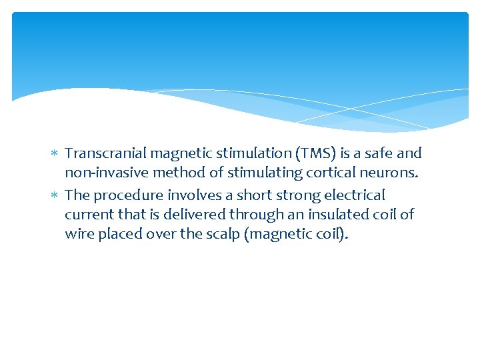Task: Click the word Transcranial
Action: pyautogui.click(x=106, y=153)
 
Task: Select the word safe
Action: pyautogui.click(x=381, y=153)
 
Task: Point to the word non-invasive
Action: pyautogui.click(x=107, y=173)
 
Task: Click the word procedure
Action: pyautogui.click(x=125, y=195)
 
